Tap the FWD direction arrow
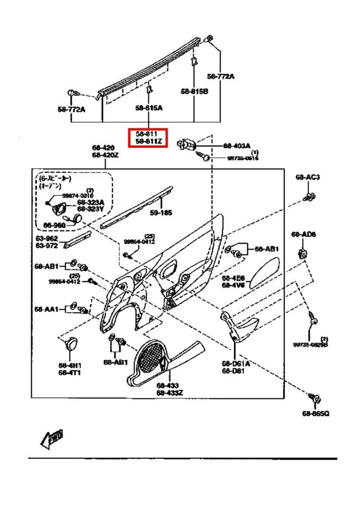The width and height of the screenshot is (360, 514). [51, 439]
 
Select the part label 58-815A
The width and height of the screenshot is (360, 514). [148, 108]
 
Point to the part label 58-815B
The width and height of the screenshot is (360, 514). [194, 92]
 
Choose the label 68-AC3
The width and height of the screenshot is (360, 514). [307, 177]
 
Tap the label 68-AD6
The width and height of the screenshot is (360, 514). [304, 235]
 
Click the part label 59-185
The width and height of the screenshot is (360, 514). [161, 213]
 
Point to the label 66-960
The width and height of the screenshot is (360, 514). [54, 225]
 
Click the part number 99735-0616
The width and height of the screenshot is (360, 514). [243, 158]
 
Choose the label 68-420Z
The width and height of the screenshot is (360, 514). [104, 155]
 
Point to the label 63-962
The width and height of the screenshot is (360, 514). [47, 238]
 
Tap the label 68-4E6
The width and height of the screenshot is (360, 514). [234, 278]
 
